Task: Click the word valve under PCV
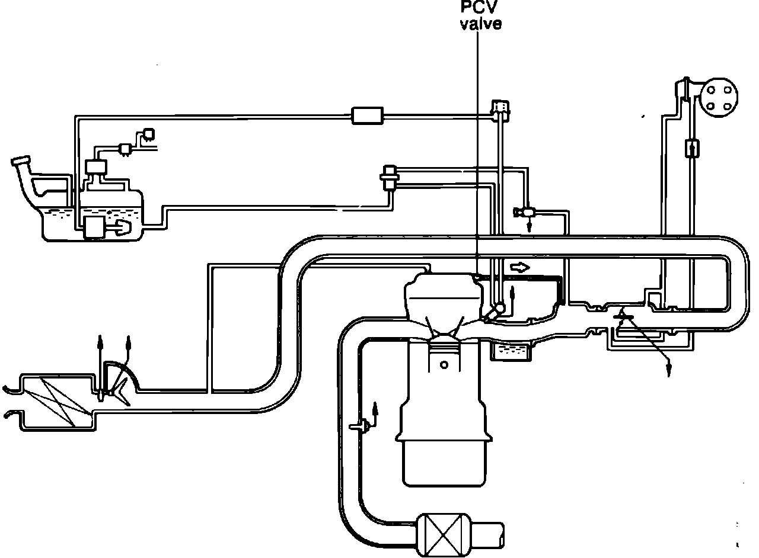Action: (480, 24)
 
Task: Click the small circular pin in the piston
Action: (444, 365)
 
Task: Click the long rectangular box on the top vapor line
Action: (368, 115)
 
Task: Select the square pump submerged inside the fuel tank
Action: (94, 227)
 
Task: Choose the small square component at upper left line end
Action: (149, 134)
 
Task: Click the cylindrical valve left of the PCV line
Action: (390, 177)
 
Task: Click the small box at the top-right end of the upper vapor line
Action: (501, 107)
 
